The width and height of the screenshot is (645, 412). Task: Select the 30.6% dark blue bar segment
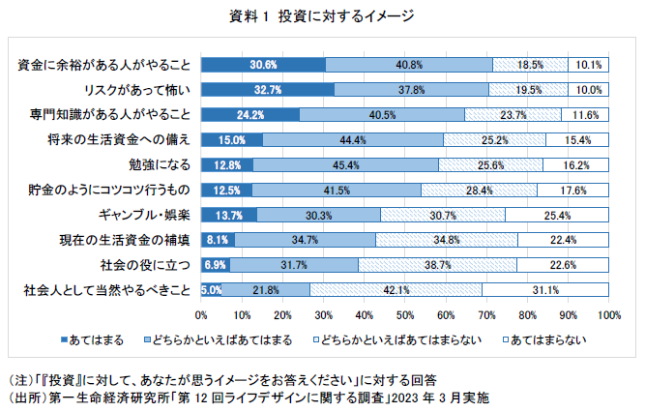point(263,65)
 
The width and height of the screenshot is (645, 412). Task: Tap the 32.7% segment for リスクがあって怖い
point(268,90)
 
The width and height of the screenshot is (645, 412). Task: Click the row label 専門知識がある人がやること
point(108,114)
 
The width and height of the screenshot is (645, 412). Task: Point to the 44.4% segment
point(353,139)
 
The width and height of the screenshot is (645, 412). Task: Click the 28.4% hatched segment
point(479,190)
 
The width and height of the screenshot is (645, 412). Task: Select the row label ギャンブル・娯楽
point(145,215)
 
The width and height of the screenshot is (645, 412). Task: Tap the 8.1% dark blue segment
point(218,239)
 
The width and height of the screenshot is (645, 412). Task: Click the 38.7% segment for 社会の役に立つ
point(438,264)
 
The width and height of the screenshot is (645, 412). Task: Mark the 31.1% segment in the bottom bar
point(545,289)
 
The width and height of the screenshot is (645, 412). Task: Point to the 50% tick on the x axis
point(405,314)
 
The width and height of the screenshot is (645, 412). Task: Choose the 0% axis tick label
point(202,314)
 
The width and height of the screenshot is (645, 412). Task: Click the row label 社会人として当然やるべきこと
point(102,289)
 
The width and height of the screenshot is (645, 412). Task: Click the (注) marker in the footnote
point(20,379)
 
